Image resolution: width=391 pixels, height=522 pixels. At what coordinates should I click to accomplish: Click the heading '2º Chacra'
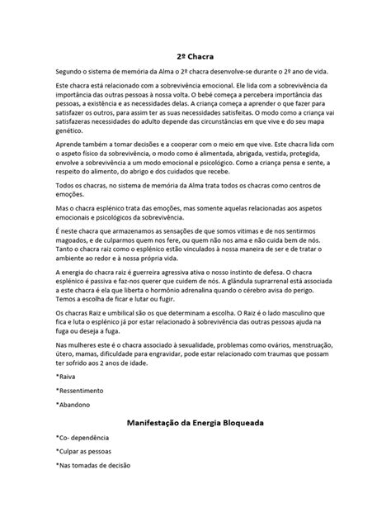(195, 57)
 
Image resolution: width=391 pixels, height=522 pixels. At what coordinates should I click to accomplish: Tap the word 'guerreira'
(164, 270)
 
